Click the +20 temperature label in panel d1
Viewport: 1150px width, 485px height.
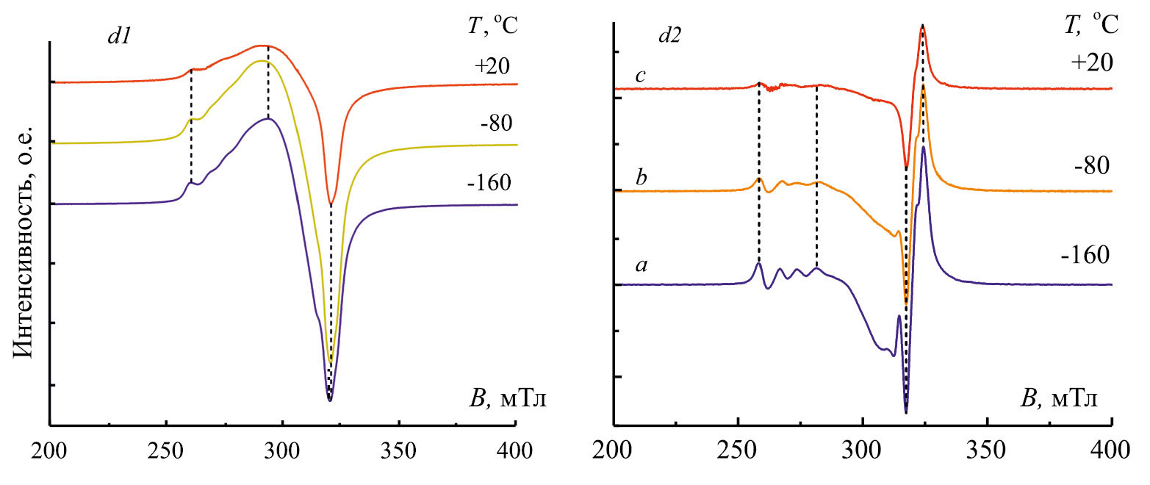(491, 66)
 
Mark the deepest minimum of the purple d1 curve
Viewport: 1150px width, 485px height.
(330, 400)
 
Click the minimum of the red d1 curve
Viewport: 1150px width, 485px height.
(331, 205)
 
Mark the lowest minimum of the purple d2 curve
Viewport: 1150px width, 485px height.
(906, 412)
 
